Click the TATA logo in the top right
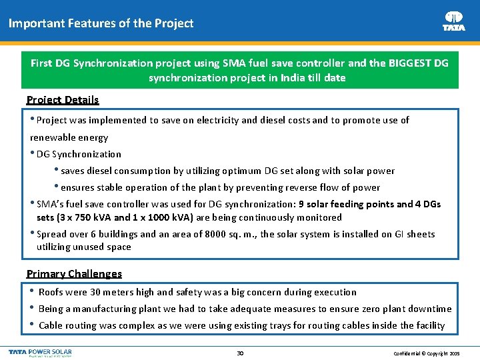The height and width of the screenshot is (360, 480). point(454,21)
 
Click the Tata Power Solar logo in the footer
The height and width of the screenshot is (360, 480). point(40,352)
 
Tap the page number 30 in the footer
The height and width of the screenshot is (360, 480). point(240,353)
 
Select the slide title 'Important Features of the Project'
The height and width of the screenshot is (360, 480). point(101,23)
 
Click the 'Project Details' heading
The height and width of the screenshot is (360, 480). point(63,100)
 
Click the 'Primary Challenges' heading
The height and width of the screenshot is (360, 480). point(74,274)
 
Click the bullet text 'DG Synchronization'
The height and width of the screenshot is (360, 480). point(79,154)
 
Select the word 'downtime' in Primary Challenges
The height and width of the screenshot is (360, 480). point(430,309)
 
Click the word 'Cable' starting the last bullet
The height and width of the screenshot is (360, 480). point(51,325)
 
